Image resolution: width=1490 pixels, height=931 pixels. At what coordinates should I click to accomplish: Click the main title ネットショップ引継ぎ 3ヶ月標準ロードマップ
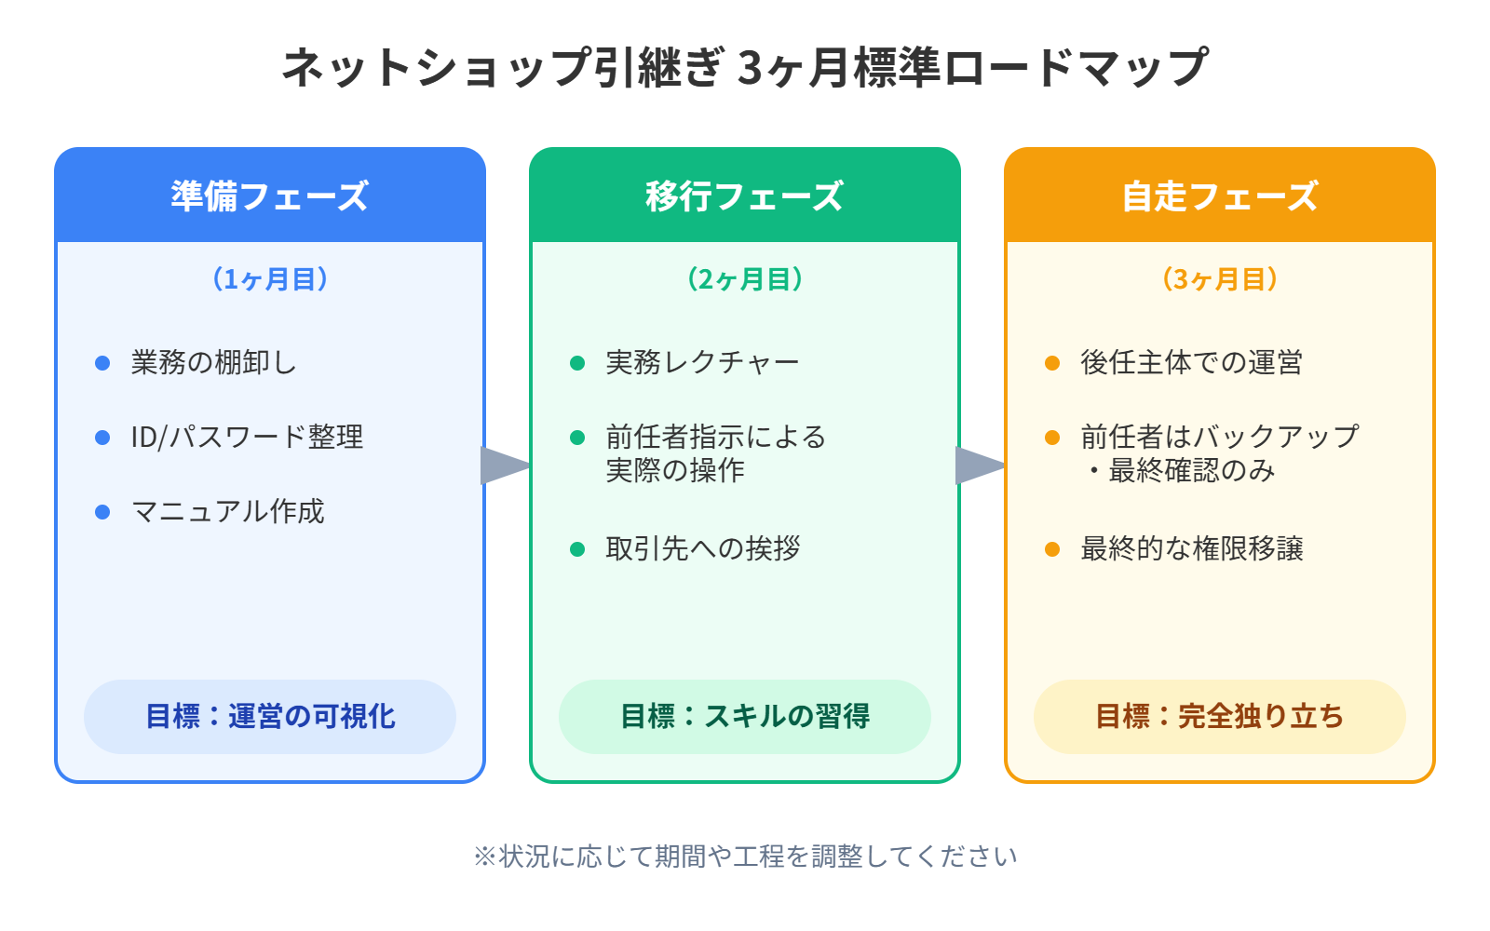coord(745,68)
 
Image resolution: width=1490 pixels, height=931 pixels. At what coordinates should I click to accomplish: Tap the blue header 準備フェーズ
coord(270,196)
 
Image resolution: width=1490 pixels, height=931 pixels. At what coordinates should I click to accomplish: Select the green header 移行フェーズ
coord(745,196)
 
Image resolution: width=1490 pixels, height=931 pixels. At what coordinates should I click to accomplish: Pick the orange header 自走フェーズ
coord(1220,196)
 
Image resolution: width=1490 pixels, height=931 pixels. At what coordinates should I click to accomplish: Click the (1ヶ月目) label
coord(270,279)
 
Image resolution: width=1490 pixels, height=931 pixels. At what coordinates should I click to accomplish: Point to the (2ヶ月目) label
coord(745,279)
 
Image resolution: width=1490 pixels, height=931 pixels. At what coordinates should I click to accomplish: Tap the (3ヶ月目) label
coord(1220,279)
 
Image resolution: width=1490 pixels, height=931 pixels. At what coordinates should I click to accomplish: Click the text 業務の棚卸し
coord(214,362)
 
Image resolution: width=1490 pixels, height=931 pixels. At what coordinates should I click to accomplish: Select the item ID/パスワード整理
coord(247,437)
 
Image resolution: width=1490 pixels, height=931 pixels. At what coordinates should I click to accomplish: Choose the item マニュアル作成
coord(228,511)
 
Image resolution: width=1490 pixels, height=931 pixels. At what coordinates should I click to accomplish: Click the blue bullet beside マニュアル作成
coord(102,512)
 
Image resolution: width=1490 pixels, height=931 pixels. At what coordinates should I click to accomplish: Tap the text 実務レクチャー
coord(702,362)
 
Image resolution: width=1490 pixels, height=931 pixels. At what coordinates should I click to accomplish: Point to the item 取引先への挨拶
coord(703,548)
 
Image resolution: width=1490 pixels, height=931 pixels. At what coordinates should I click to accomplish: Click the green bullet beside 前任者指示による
coord(577,438)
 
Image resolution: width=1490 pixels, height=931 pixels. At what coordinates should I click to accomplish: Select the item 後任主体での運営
coord(1191,362)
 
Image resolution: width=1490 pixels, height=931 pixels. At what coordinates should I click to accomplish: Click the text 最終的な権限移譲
coord(1192,548)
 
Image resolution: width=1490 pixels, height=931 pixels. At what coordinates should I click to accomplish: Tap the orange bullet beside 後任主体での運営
coord(1052,363)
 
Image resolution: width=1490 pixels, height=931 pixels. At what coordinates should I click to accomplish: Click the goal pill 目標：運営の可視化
coord(270,716)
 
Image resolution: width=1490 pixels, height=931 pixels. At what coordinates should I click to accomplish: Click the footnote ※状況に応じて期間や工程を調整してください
coord(745,856)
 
